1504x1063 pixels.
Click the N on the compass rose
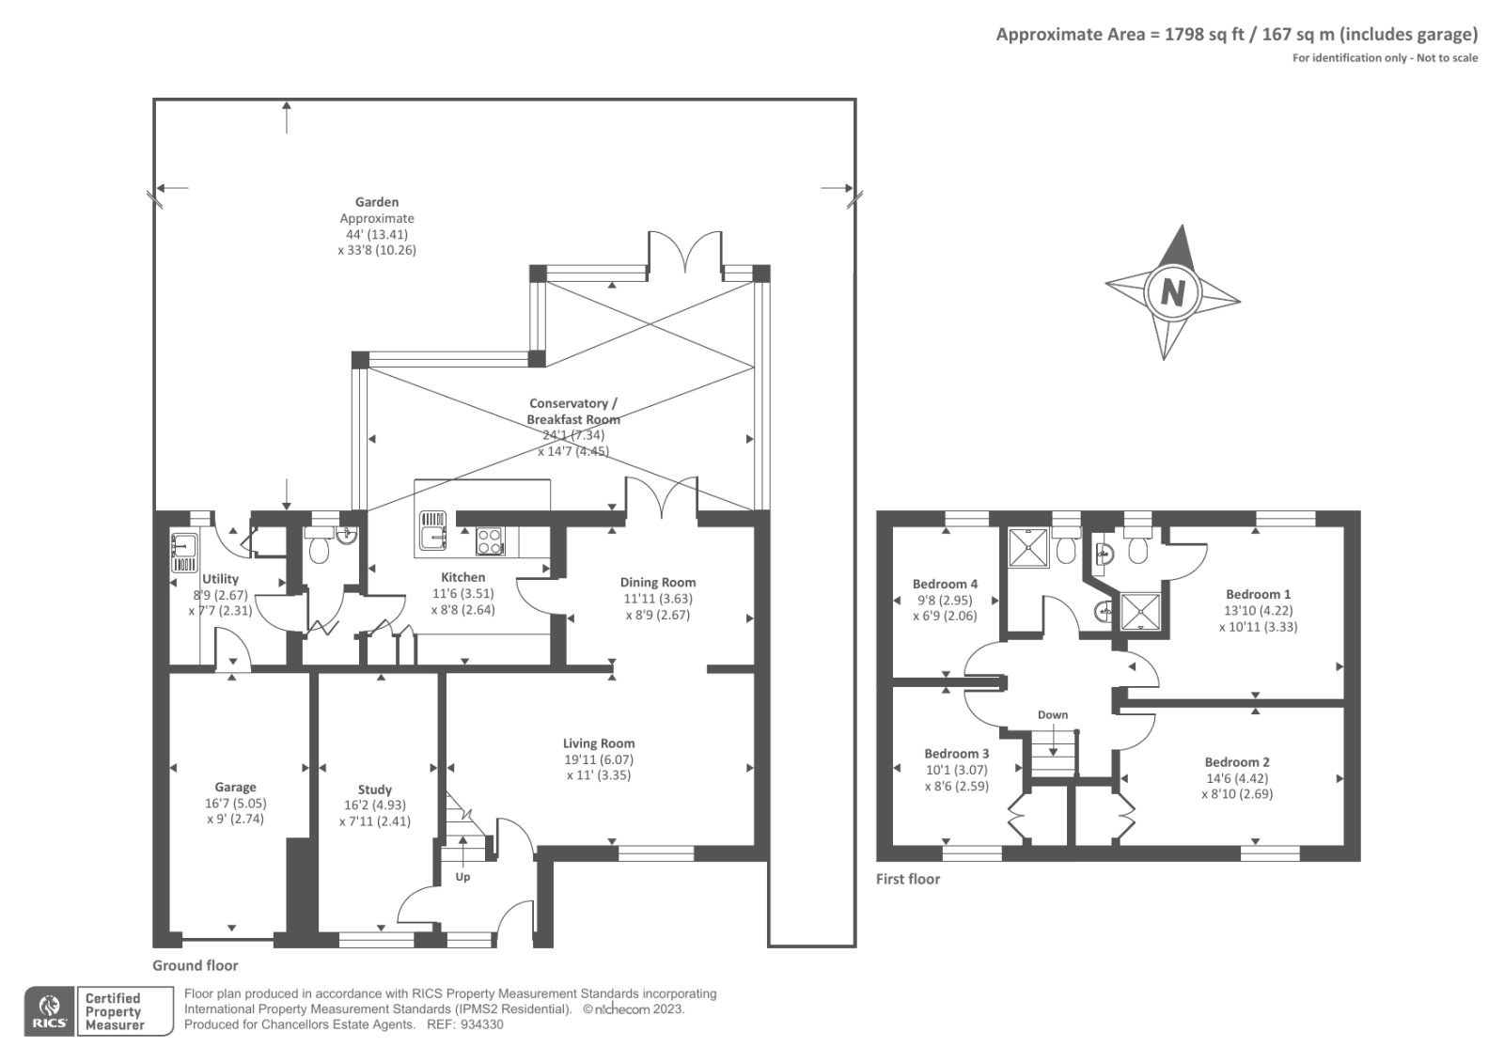click(x=1172, y=292)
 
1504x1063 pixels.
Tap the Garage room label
click(x=235, y=787)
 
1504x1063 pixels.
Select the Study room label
click(x=375, y=789)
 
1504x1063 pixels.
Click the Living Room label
click(x=598, y=743)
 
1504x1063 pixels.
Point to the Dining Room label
click(x=657, y=582)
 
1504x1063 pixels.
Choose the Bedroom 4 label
click(x=945, y=584)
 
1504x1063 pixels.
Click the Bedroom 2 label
click(x=1237, y=762)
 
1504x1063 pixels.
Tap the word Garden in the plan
click(x=377, y=201)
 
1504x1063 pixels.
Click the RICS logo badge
click(x=49, y=1011)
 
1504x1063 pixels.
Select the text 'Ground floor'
click(x=195, y=965)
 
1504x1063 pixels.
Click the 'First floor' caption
click(x=908, y=879)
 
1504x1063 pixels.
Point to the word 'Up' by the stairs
click(x=462, y=877)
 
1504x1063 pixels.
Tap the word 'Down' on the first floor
click(x=1052, y=715)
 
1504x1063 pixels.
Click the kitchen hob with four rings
click(x=490, y=541)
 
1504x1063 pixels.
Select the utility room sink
click(x=184, y=553)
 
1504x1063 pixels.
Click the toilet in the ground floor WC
click(x=319, y=546)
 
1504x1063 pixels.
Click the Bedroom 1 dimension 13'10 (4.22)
click(x=1259, y=610)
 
